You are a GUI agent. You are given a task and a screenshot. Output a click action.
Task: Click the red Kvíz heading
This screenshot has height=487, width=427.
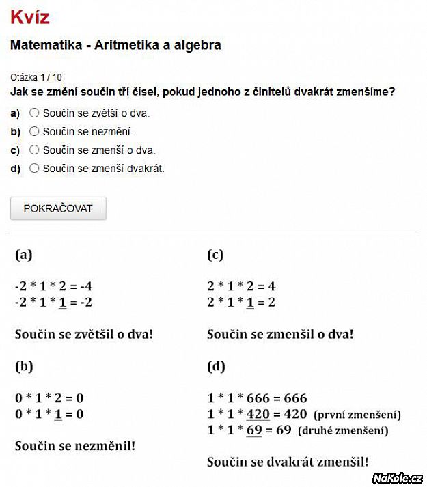pyautogui.click(x=29, y=16)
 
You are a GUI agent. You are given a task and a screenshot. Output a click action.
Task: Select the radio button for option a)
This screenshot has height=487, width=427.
pyautogui.click(x=34, y=113)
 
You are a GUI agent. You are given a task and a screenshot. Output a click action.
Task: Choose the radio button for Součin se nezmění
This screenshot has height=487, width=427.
pyautogui.click(x=34, y=131)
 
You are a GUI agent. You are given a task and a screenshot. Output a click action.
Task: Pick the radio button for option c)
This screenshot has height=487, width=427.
pyautogui.click(x=34, y=150)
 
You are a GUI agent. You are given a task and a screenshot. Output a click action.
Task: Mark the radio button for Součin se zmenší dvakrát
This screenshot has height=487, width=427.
pyautogui.click(x=34, y=168)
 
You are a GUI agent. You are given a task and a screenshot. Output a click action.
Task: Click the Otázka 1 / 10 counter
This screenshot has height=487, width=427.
pyautogui.click(x=36, y=77)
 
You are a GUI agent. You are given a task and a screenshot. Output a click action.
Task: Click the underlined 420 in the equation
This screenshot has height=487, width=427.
pyautogui.click(x=258, y=414)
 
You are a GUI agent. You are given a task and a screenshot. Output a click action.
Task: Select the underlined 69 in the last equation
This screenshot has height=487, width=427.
pyautogui.click(x=254, y=430)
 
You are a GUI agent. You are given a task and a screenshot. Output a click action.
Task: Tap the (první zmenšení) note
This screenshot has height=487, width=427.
pyautogui.click(x=357, y=415)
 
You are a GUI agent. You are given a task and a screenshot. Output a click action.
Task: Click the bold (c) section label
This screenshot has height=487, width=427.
pyautogui.click(x=215, y=255)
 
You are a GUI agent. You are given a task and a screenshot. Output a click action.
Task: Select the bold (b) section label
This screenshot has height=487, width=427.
pyautogui.click(x=24, y=367)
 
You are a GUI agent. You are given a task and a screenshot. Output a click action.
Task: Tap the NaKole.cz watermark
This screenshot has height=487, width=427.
pyautogui.click(x=398, y=477)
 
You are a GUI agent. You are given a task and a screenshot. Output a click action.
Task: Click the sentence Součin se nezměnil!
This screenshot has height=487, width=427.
pyautogui.click(x=75, y=446)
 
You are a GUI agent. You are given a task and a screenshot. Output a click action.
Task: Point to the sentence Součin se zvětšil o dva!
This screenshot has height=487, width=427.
pyautogui.click(x=84, y=335)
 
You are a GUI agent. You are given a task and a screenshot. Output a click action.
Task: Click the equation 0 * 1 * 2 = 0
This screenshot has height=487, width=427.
pyautogui.click(x=49, y=398)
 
